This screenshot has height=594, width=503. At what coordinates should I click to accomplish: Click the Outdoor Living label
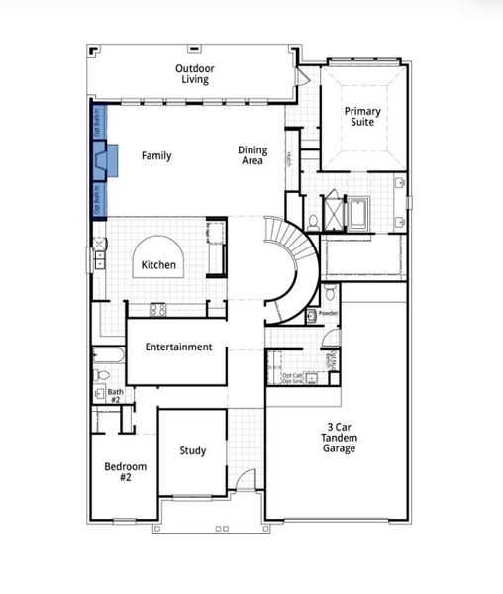click(x=195, y=74)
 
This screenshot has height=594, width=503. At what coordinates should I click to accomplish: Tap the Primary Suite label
click(x=362, y=118)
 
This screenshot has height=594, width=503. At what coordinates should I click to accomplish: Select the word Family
click(x=156, y=156)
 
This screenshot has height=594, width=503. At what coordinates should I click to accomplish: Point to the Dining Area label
click(x=251, y=155)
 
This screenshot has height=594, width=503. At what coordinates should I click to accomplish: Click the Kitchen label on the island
click(x=158, y=265)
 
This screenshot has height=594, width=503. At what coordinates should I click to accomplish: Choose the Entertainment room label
click(x=178, y=347)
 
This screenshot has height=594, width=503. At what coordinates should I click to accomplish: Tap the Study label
click(x=193, y=451)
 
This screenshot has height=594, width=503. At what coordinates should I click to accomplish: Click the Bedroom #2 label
click(x=126, y=472)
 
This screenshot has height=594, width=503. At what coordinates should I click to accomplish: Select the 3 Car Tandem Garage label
click(x=339, y=438)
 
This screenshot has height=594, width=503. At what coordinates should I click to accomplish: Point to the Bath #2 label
click(x=116, y=395)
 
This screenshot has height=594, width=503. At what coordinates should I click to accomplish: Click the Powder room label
click(x=328, y=313)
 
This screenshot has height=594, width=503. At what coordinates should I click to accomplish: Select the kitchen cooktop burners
click(x=157, y=309)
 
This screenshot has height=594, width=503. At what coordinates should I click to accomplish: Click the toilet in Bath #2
click(x=100, y=375)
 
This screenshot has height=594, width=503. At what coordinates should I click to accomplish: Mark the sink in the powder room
click(x=311, y=316)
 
